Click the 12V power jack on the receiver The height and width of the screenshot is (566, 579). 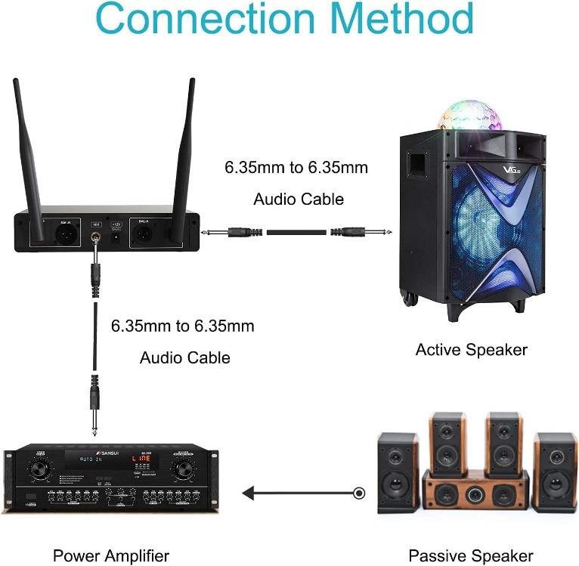point(116,236)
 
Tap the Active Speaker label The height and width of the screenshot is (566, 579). point(471,349)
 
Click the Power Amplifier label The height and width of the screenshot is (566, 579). point(111,556)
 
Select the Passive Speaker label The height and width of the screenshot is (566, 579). point(470,556)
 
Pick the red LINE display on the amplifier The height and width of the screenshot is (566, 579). point(141,459)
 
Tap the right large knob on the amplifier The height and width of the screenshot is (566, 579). point(182,471)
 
